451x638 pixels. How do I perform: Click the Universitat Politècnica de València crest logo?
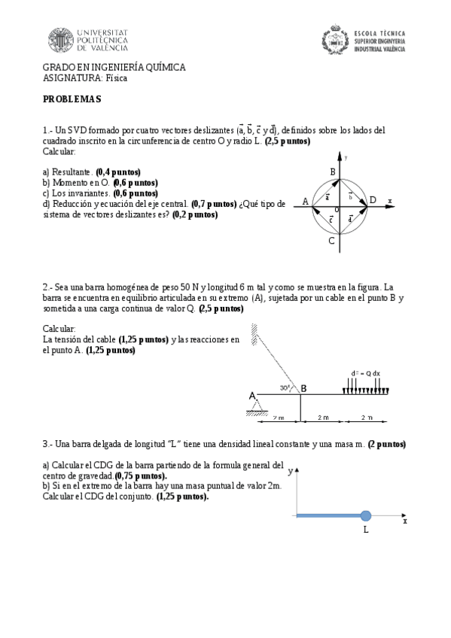click(61, 41)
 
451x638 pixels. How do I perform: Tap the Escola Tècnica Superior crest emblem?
click(336, 40)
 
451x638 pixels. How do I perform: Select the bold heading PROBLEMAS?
click(72, 99)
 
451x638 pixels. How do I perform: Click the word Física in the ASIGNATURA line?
click(117, 77)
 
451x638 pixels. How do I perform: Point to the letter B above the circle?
click(332, 172)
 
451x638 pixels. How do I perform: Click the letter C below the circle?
click(331, 241)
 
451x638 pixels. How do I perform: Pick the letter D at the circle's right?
click(373, 200)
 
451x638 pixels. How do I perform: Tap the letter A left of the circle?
click(305, 201)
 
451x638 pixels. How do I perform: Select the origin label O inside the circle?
click(337, 208)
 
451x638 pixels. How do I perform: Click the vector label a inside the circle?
click(327, 196)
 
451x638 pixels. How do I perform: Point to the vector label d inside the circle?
click(351, 218)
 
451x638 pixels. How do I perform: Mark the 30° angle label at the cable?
click(285, 388)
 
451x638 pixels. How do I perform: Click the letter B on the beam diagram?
click(303, 388)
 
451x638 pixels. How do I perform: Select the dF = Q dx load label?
click(366, 373)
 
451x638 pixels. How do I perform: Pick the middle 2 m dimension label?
click(322, 417)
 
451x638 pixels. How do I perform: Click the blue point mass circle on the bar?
click(366, 515)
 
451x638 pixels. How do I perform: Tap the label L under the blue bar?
click(366, 530)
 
